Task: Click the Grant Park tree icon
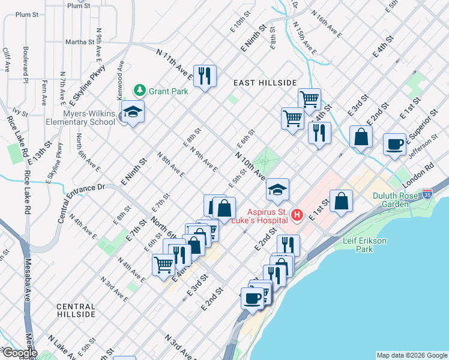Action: pyautogui.click(x=140, y=91)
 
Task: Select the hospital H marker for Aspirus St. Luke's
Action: pyautogui.click(x=295, y=214)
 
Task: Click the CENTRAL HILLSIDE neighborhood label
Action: pyautogui.click(x=76, y=310)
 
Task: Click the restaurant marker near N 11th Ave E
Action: pyautogui.click(x=205, y=76)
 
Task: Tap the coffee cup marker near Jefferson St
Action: pyautogui.click(x=394, y=144)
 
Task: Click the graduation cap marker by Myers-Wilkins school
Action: pyautogui.click(x=132, y=112)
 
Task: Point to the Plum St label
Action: pyautogui.click(x=79, y=5)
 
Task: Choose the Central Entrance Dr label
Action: pyautogui.click(x=82, y=203)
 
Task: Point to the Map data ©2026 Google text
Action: pyautogui.click(x=411, y=355)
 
